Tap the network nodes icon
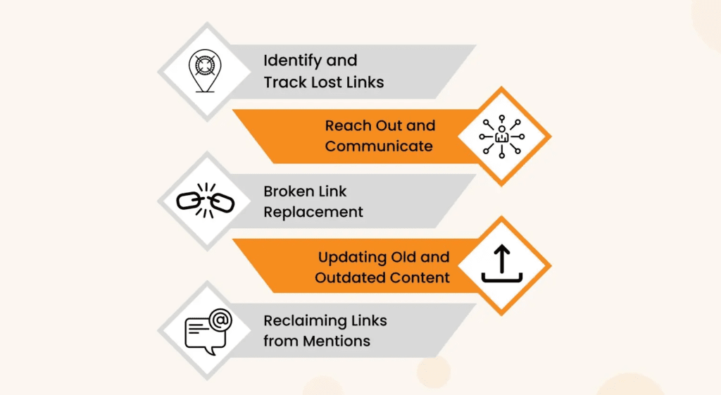pos(501,137)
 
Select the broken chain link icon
pos(205,201)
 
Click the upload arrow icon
pos(501,265)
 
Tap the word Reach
pos(346,126)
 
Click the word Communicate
pos(379,146)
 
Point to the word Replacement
pos(313,212)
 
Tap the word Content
pos(421,277)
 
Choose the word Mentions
pos(337,341)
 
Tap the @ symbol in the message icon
pos(220,320)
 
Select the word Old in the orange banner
pos(406,256)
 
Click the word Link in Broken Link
pos(334,191)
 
